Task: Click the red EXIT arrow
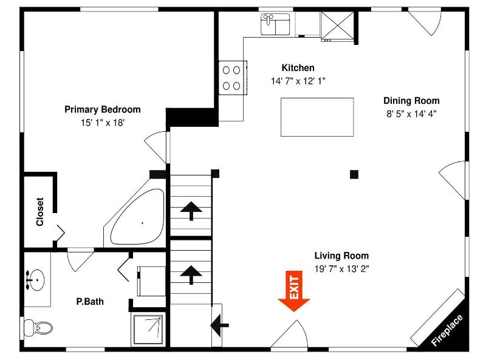[294, 291]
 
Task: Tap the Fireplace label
[447, 330]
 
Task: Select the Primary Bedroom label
[102, 109]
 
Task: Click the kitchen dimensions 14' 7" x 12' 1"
[298, 81]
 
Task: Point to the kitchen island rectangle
[317, 117]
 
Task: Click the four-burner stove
[233, 78]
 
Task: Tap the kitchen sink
[275, 24]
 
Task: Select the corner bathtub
[138, 216]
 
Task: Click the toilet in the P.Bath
[38, 327]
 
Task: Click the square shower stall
[148, 329]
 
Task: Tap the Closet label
[40, 212]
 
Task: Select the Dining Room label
[411, 101]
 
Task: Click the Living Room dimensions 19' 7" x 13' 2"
[341, 269]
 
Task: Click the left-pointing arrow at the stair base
[219, 325]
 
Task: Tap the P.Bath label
[90, 302]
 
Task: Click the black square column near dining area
[354, 174]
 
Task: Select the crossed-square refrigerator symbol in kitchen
[337, 25]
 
